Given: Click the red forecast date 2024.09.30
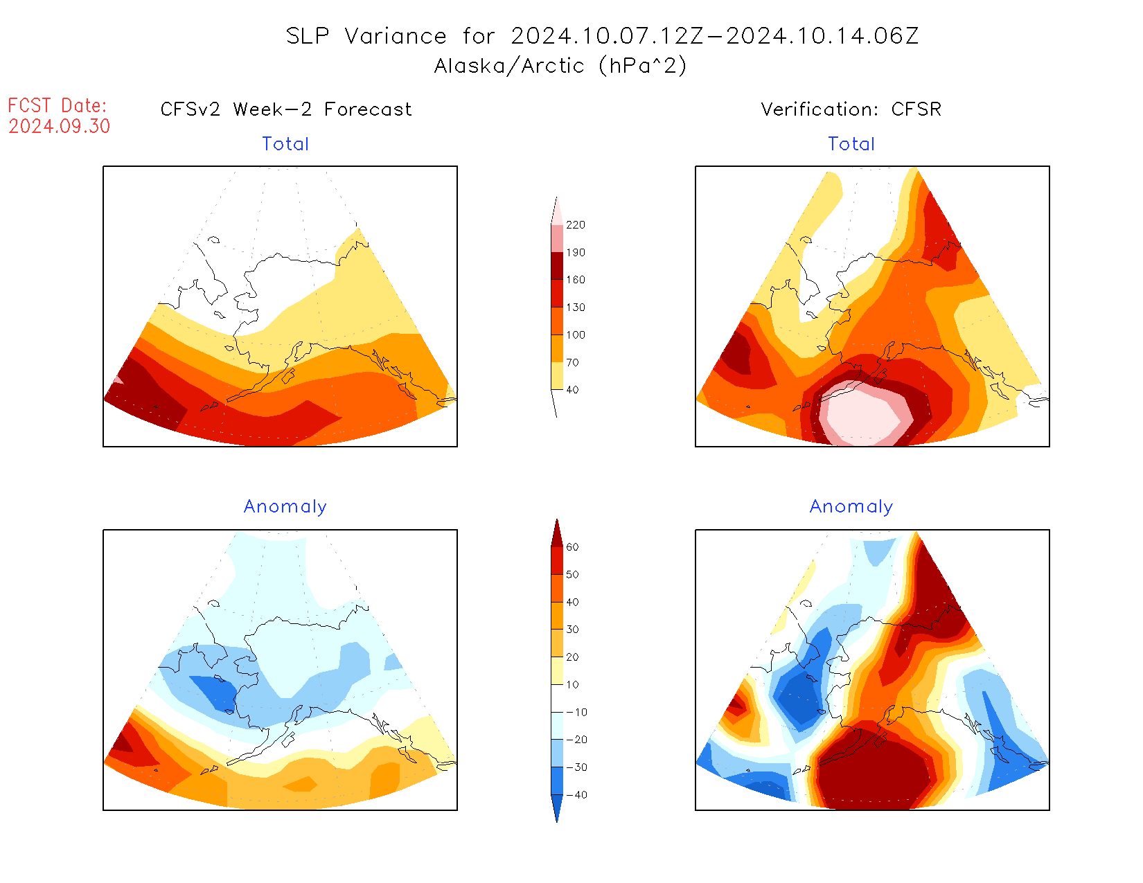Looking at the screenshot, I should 60,127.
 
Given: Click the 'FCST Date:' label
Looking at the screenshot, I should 57,106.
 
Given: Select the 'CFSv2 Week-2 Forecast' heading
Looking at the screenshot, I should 286,109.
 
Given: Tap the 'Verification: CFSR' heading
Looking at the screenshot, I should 851,109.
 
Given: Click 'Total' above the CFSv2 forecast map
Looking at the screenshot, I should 285,144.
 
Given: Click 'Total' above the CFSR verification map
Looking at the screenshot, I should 851,144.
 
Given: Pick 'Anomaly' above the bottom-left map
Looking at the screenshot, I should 285,507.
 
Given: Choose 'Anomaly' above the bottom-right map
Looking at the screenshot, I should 851,507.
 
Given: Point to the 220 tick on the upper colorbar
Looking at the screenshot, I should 575,225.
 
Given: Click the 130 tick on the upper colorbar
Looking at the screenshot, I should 575,307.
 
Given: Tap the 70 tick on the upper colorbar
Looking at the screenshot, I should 572,362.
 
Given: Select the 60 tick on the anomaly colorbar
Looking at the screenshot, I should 572,547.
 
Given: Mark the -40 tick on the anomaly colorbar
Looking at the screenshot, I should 576,795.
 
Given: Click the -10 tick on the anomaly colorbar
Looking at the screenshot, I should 576,712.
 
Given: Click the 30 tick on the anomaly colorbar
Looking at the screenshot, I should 572,630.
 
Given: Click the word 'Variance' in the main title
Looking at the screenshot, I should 396,36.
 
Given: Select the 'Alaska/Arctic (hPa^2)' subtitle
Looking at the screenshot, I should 560,66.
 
